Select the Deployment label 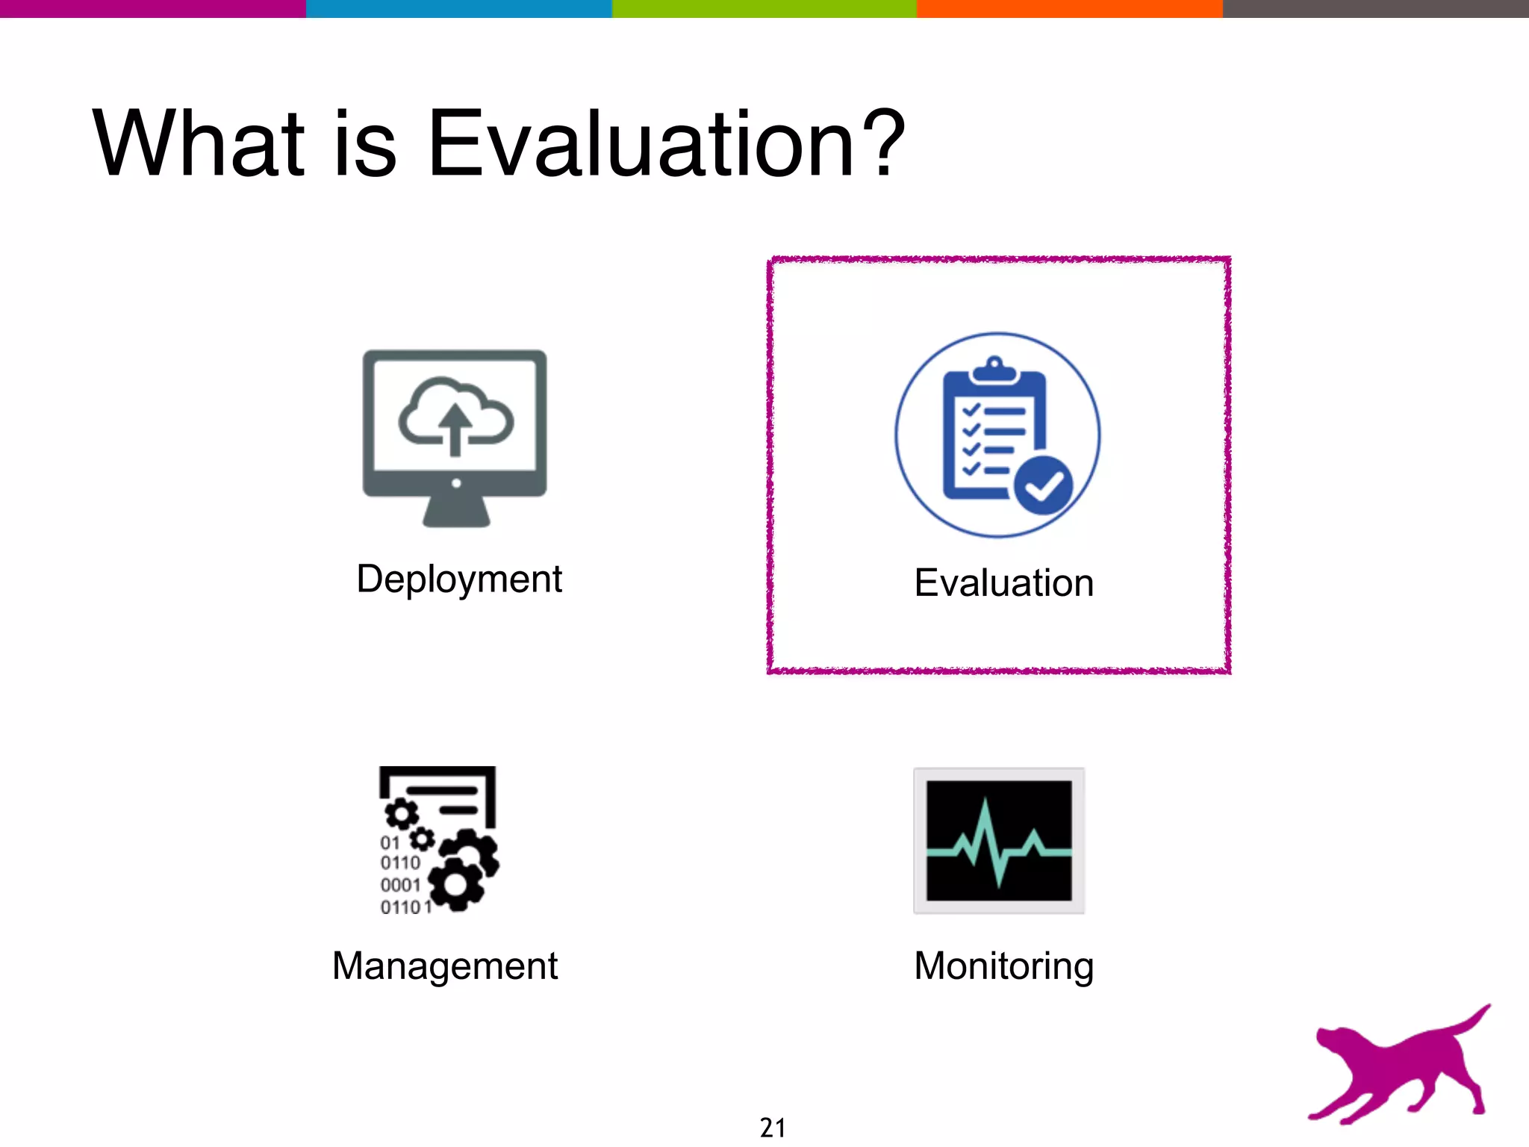(x=459, y=579)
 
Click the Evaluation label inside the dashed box (x=1003, y=583)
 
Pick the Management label (x=445, y=966)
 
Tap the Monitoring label (x=1003, y=966)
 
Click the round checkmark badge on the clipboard (x=1043, y=486)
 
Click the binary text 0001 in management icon (x=401, y=886)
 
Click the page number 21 (x=773, y=1128)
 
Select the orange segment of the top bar (x=1069, y=8)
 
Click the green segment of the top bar (x=764, y=8)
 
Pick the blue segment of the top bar (x=458, y=8)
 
